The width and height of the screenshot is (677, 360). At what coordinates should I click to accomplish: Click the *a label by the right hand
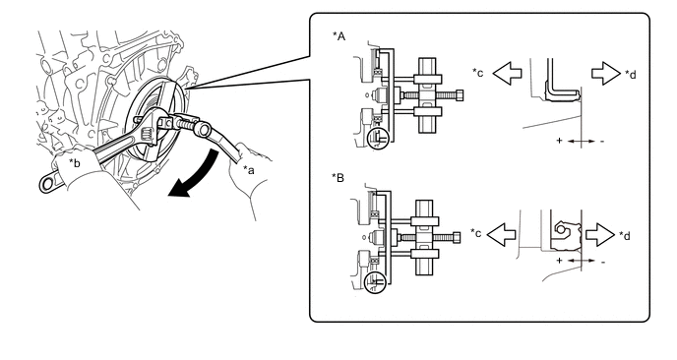[x=249, y=169]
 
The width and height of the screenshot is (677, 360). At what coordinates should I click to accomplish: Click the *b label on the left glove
[x=75, y=163]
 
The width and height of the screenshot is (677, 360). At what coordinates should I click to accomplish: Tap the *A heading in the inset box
[x=338, y=36]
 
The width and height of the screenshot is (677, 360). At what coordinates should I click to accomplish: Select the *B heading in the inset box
[x=338, y=177]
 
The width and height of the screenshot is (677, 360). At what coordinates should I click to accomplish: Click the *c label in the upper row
[x=478, y=72]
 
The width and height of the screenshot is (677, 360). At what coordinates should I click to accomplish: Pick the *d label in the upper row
[x=631, y=74]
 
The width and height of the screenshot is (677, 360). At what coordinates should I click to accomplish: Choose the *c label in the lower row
[x=476, y=233]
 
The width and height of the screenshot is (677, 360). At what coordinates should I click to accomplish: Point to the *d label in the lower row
[x=624, y=236]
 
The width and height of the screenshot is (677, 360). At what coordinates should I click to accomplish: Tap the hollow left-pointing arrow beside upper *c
[x=507, y=73]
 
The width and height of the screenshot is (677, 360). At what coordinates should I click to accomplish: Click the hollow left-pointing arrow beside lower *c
[x=501, y=234]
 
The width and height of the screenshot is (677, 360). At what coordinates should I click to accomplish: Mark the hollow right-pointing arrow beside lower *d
[x=600, y=234]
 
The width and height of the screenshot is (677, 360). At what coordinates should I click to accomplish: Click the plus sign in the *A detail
[x=559, y=141]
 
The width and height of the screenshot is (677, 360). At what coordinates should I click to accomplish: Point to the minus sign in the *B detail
[x=603, y=262]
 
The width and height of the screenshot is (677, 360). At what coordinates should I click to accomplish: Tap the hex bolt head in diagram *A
[x=460, y=95]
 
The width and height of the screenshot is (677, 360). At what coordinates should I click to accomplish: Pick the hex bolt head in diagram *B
[x=457, y=238]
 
